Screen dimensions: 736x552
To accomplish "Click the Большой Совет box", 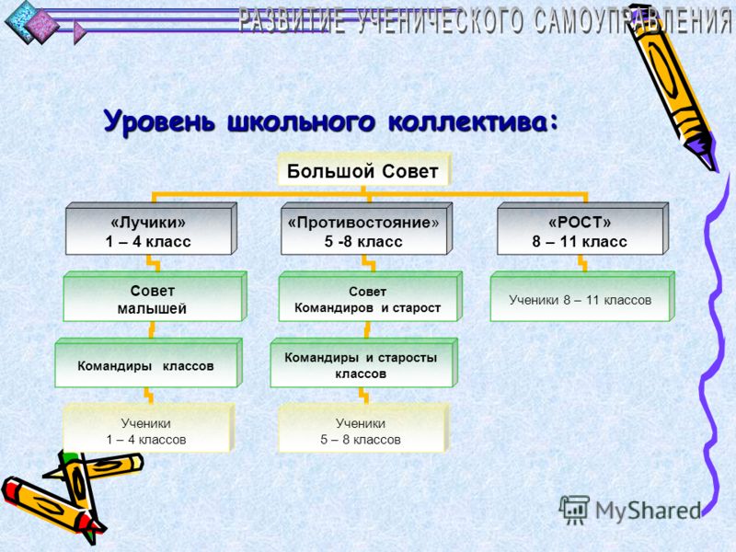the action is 363,169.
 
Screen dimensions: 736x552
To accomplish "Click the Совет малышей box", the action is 155,296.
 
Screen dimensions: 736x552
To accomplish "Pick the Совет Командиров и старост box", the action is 371,296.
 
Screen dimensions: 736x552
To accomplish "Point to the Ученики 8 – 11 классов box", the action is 582,296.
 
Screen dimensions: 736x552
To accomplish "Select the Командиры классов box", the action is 148,362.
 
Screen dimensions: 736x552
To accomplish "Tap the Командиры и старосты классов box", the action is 363,362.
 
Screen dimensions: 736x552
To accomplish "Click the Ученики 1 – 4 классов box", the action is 149,428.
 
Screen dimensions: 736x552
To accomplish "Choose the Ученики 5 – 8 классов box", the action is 363,428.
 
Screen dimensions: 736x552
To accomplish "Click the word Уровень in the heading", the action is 159,122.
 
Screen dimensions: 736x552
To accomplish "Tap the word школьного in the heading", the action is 302,122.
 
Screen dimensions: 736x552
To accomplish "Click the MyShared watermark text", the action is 648,511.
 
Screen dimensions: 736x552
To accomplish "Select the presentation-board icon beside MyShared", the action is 574,510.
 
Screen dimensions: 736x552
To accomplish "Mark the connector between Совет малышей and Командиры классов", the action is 152,330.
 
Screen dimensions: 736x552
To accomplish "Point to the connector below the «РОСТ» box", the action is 582,263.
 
